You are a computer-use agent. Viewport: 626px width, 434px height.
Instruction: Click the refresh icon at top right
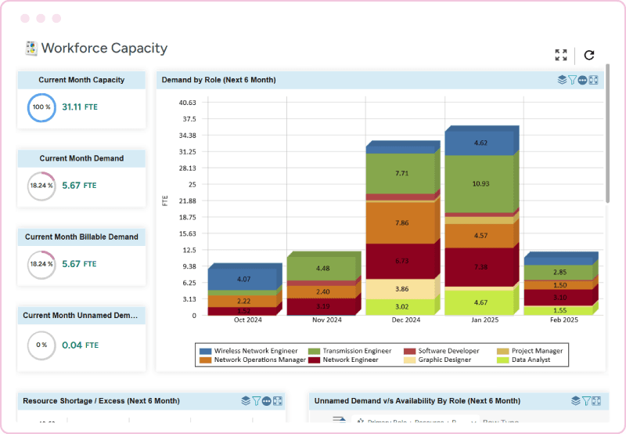589,55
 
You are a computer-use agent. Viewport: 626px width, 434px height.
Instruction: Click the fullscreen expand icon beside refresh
561,55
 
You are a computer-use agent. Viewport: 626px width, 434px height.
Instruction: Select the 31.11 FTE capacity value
80,107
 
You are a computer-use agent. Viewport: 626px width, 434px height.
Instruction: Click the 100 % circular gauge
41,107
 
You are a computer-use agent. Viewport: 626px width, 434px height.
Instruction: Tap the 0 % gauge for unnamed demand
41,345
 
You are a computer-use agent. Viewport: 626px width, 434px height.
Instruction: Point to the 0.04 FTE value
80,345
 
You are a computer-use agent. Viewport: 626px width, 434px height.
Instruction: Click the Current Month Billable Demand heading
81,237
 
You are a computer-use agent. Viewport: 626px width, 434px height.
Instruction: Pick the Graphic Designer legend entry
444,360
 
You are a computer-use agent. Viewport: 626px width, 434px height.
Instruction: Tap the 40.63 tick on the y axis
187,103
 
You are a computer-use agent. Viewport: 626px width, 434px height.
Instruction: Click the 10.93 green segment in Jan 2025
480,183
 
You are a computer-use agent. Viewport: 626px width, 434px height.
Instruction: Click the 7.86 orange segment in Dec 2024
401,222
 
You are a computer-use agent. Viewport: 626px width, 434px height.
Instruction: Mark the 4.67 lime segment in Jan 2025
480,302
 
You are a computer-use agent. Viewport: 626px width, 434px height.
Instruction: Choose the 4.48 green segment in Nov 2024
322,269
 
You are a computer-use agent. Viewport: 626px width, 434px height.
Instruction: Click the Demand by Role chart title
218,80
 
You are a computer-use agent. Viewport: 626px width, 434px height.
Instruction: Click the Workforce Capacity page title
104,48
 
